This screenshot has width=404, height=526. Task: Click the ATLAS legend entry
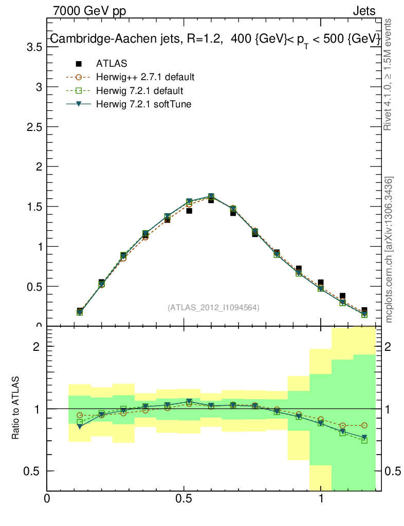coord(112,64)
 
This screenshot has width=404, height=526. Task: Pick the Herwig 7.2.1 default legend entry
coord(139,91)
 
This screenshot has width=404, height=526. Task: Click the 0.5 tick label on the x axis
coord(183,499)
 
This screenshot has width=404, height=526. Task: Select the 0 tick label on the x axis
coord(47,499)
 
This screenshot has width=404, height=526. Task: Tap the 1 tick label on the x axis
coord(321,499)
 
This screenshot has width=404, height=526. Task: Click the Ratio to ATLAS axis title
coord(15,408)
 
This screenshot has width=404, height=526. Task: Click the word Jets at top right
coord(364,11)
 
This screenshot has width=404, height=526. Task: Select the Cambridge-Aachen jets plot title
coord(215,39)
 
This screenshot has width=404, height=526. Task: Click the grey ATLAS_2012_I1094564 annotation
coord(213,308)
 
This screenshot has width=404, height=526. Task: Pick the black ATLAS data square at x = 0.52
coord(189,211)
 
